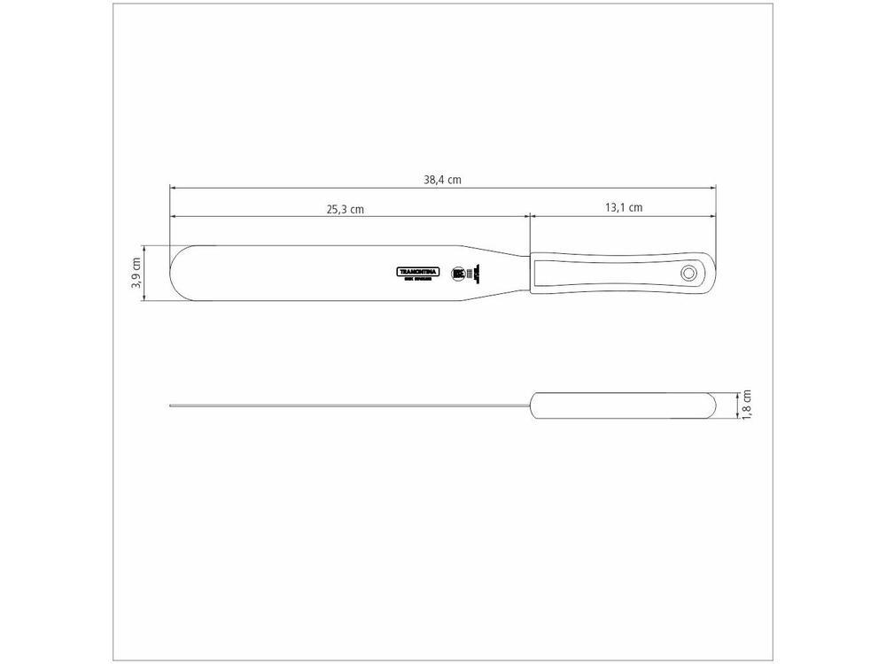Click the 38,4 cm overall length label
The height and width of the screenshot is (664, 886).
pyautogui.click(x=442, y=179)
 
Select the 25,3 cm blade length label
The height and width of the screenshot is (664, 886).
pyautogui.click(x=346, y=209)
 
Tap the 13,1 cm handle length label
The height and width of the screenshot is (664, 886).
pyautogui.click(x=624, y=208)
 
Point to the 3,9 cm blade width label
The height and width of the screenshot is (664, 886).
pyautogui.click(x=136, y=274)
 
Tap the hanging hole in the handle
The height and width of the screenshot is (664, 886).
pyautogui.click(x=688, y=274)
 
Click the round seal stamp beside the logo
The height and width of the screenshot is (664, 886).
pyautogui.click(x=458, y=274)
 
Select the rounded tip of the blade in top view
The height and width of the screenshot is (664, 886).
pyautogui.click(x=173, y=274)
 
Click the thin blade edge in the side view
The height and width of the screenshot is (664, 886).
pyautogui.click(x=346, y=406)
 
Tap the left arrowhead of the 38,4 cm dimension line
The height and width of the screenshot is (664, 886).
pyautogui.click(x=173, y=188)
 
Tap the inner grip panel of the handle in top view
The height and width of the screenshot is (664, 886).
pyautogui.click(x=602, y=274)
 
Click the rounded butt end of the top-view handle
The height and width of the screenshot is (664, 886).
pyautogui.click(x=710, y=274)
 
